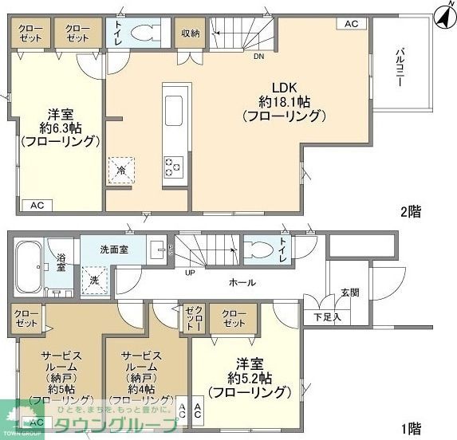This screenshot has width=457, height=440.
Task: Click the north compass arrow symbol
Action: point(441,14)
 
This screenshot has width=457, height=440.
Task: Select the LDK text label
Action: point(284,87)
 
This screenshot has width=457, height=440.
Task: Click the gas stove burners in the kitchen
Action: point(173,166)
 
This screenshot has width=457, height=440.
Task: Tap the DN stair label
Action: point(258,57)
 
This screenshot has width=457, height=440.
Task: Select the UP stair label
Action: point(189,273)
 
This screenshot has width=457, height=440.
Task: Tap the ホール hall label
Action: point(242,282)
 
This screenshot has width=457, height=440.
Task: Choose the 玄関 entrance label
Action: point(349,292)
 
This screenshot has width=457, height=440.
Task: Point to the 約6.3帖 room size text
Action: point(60,127)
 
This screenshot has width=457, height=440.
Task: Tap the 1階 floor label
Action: point(411,429)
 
